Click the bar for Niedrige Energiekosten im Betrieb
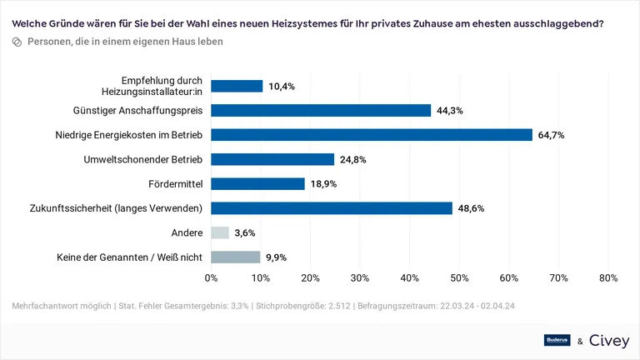[x=372, y=134]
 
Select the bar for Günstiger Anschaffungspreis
[x=321, y=110]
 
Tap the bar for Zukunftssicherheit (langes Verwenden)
[x=332, y=208]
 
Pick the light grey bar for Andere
[x=220, y=233]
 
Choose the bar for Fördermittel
[x=258, y=183]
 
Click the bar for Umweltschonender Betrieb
[x=272, y=159]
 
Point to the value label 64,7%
[x=551, y=135]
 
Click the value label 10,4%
[x=282, y=86]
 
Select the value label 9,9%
[x=277, y=257]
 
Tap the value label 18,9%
[x=323, y=184]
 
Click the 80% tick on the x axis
[x=607, y=278]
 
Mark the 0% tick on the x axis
[x=212, y=278]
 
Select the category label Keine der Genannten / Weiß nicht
[x=129, y=257]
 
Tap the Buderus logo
[x=557, y=340]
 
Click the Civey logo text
[x=609, y=340]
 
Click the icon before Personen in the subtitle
[x=17, y=41]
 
